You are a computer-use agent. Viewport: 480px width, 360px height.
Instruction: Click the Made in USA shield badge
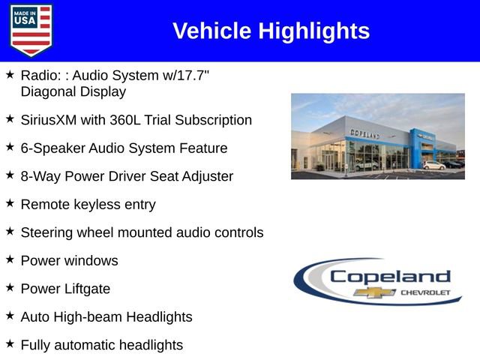pos(31,30)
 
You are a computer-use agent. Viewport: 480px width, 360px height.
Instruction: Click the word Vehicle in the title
pos(212,31)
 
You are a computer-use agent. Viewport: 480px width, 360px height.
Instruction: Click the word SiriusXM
pos(52,120)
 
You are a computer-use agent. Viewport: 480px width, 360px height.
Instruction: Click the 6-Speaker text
pos(52,148)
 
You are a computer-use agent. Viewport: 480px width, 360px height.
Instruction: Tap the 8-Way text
pos(40,177)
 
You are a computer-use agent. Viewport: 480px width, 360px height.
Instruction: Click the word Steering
pos(47,232)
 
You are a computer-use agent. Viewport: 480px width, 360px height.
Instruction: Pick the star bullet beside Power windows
pos(10,259)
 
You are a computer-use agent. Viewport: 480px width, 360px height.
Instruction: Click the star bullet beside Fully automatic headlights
pos(10,344)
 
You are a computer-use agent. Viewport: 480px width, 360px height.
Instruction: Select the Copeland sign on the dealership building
pos(365,133)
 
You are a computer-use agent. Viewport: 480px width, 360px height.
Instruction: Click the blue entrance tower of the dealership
pos(417,146)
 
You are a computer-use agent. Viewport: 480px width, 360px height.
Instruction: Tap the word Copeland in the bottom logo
pos(390,276)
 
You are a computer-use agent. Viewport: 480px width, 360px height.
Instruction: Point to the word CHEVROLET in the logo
pos(425,292)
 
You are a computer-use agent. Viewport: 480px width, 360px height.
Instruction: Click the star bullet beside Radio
pos(10,75)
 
